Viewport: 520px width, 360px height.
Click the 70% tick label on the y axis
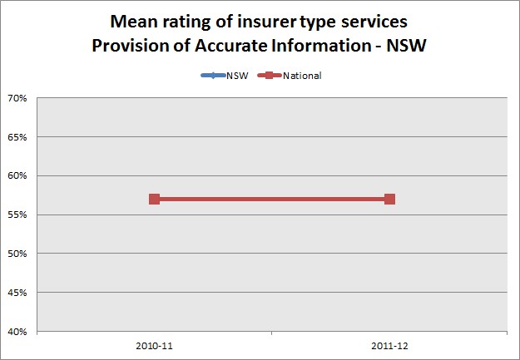[18, 98]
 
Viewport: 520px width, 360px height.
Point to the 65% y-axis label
[18, 137]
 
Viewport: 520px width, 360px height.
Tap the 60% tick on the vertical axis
[18, 175]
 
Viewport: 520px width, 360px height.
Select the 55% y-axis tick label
[18, 215]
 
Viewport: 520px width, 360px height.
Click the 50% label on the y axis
[18, 254]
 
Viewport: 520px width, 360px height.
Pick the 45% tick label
[18, 293]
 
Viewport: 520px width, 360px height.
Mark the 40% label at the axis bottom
[18, 331]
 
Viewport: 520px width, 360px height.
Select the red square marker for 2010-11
[154, 199]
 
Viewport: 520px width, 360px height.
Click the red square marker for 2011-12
[389, 199]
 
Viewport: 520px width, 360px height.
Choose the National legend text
[303, 76]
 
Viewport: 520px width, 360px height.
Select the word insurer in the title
[272, 21]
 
